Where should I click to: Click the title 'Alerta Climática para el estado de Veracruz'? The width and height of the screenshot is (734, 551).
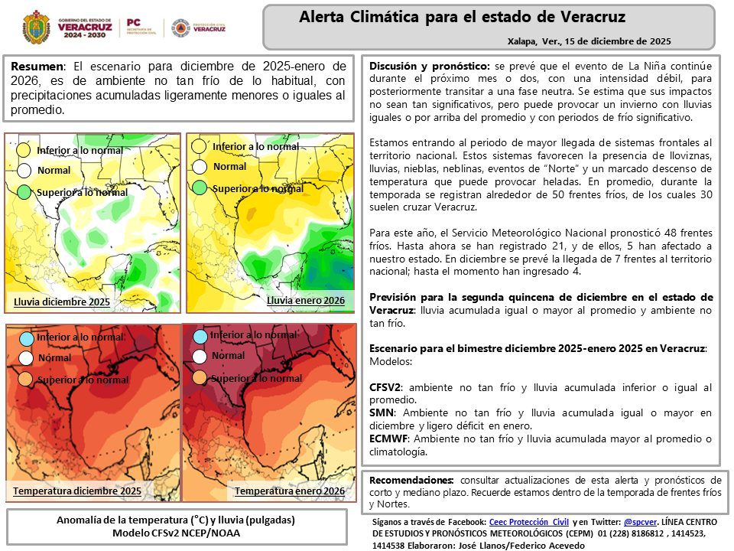tap(462, 17)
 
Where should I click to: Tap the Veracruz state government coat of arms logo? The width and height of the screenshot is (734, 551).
tap(36, 28)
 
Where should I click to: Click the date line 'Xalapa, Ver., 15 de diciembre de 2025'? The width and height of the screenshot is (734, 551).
tap(589, 41)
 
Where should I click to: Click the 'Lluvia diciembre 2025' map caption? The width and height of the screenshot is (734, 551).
tap(62, 302)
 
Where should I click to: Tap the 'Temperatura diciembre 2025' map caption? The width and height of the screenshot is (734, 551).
tap(77, 491)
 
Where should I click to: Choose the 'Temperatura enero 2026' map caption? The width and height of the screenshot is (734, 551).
tap(289, 491)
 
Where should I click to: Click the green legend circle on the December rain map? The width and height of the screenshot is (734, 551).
tap(24, 192)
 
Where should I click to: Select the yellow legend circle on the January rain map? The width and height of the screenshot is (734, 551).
tap(200, 146)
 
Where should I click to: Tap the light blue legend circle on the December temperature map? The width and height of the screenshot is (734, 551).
tap(26, 337)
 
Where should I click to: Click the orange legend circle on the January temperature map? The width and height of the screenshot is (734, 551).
tap(200, 377)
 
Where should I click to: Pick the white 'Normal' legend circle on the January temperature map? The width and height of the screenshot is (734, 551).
tap(200, 356)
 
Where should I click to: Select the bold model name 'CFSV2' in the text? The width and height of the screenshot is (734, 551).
tap(385, 388)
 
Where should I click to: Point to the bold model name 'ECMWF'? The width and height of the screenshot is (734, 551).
tap(388, 439)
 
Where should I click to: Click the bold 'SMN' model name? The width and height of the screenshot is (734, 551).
tap(381, 412)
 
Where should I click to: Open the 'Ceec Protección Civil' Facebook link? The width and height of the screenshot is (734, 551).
tap(529, 520)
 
